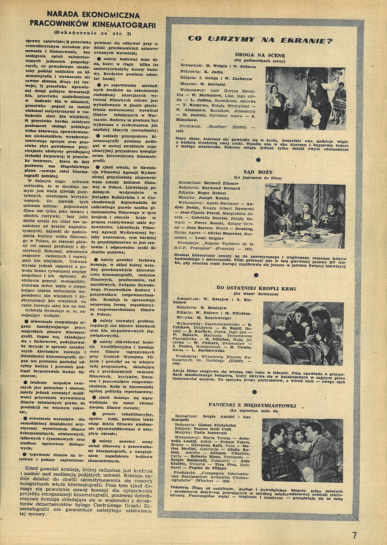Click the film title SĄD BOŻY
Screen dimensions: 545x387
258,172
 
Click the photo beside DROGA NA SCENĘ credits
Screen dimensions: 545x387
306,98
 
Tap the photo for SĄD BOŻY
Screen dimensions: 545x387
305,216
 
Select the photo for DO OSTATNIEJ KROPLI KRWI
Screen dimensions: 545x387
303,333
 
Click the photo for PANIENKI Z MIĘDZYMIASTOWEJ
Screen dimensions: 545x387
302,451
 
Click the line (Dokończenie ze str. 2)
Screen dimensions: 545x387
92,32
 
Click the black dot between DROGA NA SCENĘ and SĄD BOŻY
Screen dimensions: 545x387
258,159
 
